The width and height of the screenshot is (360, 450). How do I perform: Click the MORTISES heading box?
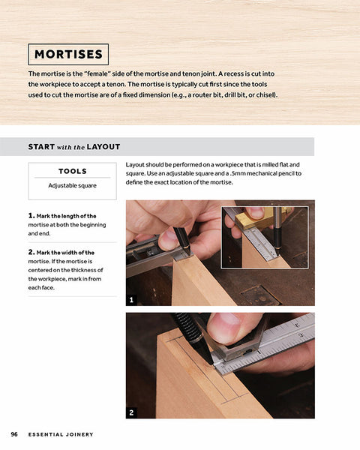click(68, 54)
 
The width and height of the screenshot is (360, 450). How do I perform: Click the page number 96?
click(14, 434)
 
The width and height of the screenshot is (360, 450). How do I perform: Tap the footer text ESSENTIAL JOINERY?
click(61, 434)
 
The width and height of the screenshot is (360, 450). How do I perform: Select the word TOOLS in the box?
click(72, 171)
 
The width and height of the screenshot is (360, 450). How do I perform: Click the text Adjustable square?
click(72, 186)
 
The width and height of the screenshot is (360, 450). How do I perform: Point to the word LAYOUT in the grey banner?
click(103, 147)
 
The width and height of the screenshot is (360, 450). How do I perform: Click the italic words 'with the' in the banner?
click(70, 147)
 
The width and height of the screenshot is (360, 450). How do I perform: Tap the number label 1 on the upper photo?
click(131, 300)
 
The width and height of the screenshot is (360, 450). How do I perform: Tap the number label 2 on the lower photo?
click(131, 412)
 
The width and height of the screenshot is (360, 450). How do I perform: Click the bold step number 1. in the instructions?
click(31, 215)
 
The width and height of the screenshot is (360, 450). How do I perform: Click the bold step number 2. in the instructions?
click(31, 252)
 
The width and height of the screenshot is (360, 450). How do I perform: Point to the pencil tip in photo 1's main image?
click(190, 254)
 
